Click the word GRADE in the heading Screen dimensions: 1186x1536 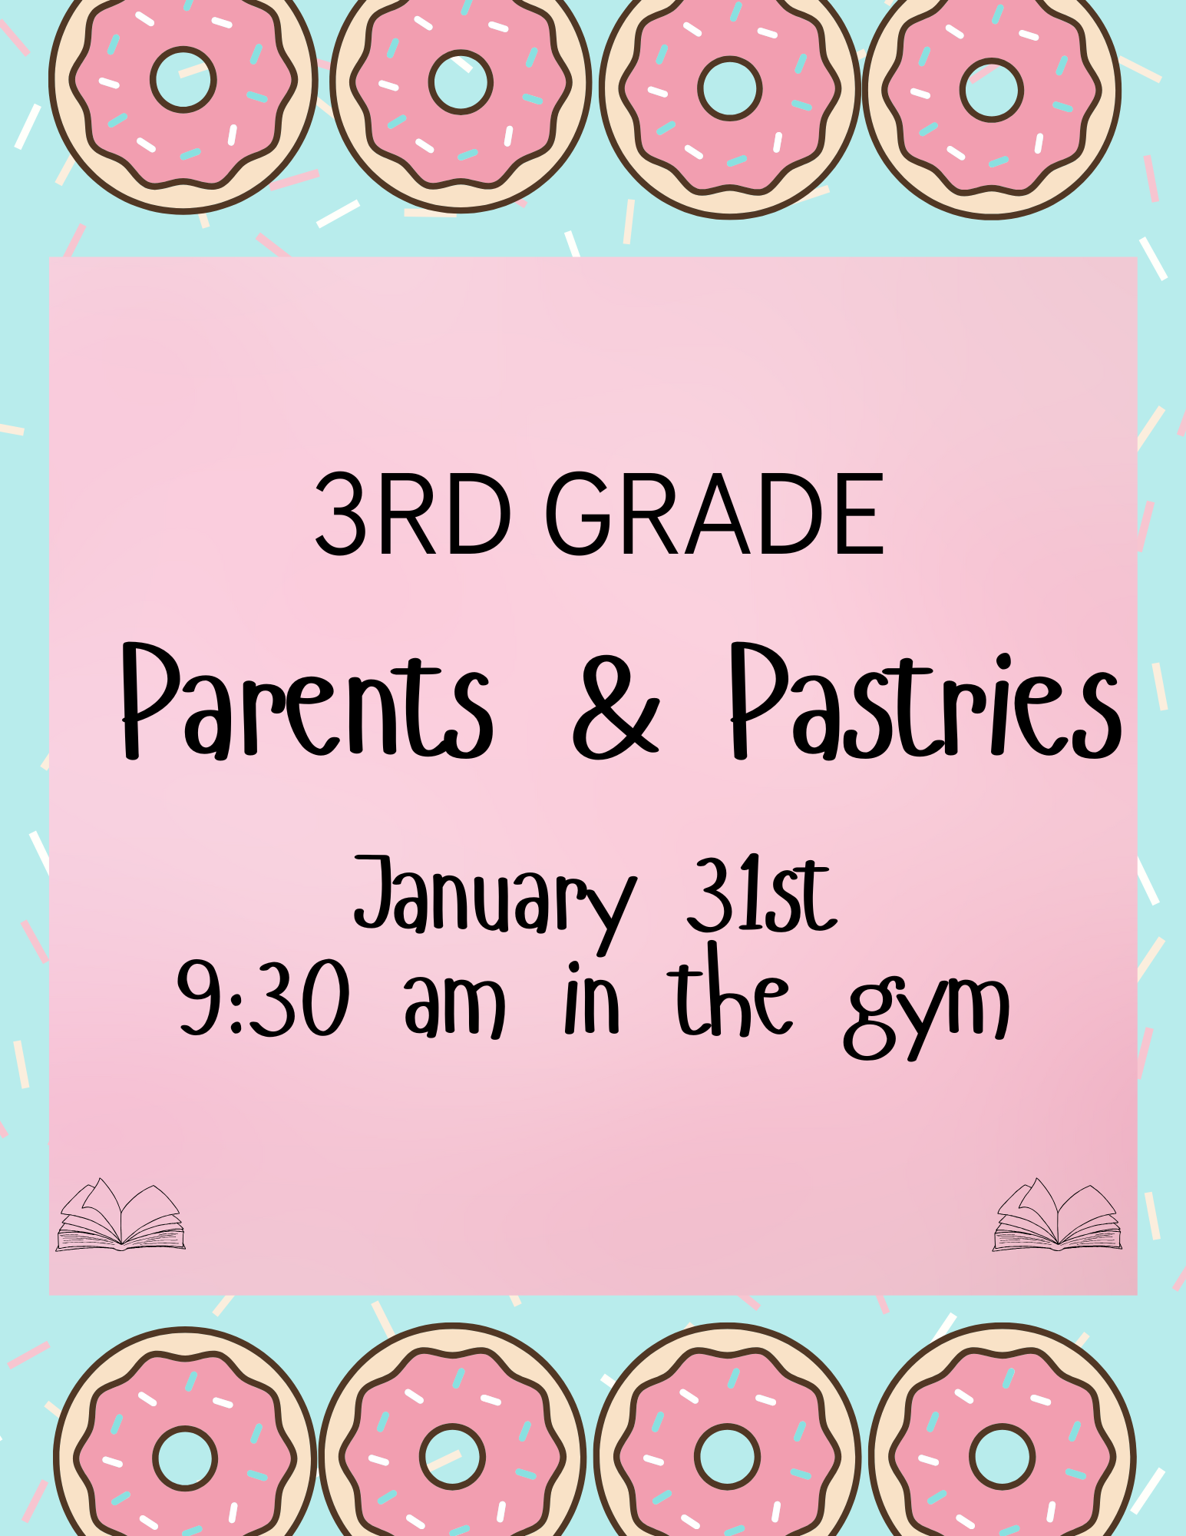pos(715,514)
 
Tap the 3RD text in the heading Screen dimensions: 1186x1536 pos(413,514)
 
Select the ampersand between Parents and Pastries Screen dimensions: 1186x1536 pos(616,707)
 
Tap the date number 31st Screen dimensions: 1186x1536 pos(761,895)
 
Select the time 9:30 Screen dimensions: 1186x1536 pos(263,998)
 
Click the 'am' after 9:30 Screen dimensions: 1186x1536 pos(455,1005)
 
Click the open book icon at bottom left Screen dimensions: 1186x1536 pos(121,1215)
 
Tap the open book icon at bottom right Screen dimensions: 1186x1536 pos(1057,1215)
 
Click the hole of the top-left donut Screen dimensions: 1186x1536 pos(183,80)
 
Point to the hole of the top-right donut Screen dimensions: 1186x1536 pos(992,90)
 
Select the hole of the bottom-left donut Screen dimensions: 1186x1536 pos(185,1458)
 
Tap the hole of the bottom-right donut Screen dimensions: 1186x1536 pos(1002,1456)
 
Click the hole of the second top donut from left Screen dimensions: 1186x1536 pos(461,82)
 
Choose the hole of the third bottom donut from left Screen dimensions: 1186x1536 pos(727,1456)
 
